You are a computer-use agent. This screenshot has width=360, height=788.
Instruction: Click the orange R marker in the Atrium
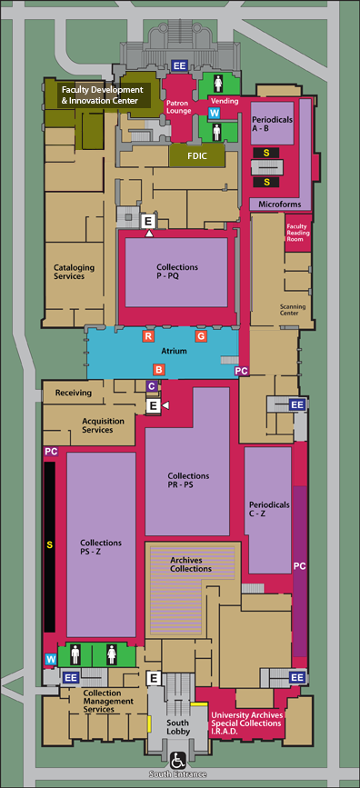coord(148,336)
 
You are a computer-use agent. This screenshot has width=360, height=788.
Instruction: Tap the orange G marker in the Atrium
coord(201,336)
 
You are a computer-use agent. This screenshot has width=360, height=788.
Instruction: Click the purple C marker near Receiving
coord(152,386)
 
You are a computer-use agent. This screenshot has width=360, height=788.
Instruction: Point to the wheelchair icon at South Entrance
coord(177,759)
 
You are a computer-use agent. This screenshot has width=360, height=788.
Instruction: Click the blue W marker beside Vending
coord(215,113)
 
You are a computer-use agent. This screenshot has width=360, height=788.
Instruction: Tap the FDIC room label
coord(197,155)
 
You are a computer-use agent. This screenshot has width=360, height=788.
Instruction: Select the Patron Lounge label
coord(179,107)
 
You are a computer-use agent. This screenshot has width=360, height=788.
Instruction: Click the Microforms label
coord(280,204)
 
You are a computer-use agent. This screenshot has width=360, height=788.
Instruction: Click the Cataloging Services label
coord(74,272)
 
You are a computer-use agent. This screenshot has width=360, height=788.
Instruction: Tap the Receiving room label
coord(74,393)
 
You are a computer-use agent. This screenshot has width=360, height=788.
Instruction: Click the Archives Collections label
coord(191,564)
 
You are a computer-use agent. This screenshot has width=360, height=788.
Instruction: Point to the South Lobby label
coord(178,727)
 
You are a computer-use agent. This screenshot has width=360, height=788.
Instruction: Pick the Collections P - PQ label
coord(177,272)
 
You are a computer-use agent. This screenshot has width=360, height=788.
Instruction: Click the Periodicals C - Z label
coord(269,509)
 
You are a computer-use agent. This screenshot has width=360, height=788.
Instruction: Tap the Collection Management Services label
coord(108,701)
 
